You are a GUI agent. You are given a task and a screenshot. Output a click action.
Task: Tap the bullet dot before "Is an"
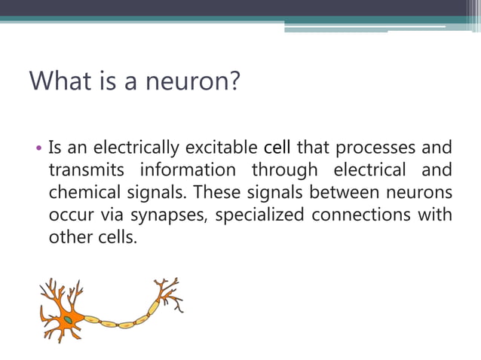tap(39, 148)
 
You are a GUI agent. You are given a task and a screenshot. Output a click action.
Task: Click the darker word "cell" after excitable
tap(277, 147)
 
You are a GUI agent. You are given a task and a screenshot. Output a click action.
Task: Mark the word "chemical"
tap(81, 192)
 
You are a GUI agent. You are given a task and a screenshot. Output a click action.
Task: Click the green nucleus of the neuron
tap(68, 319)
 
